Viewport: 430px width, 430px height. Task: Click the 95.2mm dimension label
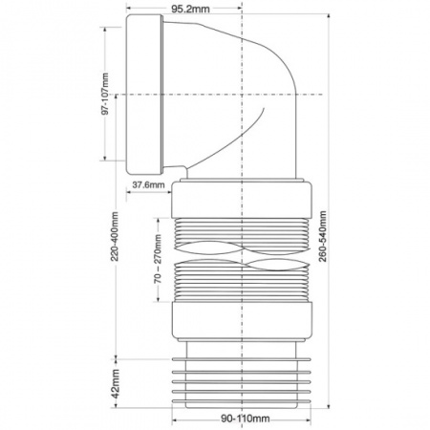pos(190,9)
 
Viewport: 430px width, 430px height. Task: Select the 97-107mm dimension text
pos(105,94)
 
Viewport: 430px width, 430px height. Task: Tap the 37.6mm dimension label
pos(148,184)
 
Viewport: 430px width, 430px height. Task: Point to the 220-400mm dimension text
pos(115,236)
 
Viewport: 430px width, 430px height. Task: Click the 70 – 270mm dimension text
pos(158,259)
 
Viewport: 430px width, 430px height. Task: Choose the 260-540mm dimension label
pos(323,236)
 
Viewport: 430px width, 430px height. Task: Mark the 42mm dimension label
pos(116,383)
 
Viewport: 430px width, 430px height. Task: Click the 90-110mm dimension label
pos(246,419)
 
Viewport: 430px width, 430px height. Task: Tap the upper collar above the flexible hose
pos(242,200)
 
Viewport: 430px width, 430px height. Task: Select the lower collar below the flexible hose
pos(242,319)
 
